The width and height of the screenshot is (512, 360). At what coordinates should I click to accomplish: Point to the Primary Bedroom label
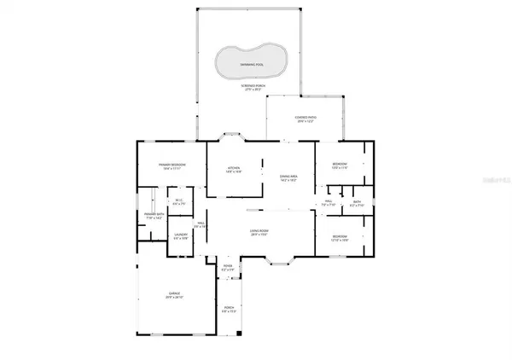172,165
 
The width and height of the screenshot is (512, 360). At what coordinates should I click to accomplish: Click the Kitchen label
234,169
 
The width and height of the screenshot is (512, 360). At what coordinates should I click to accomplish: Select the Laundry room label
180,235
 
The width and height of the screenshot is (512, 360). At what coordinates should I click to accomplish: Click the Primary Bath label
154,216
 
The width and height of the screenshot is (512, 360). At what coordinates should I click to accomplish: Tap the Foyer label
228,268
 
